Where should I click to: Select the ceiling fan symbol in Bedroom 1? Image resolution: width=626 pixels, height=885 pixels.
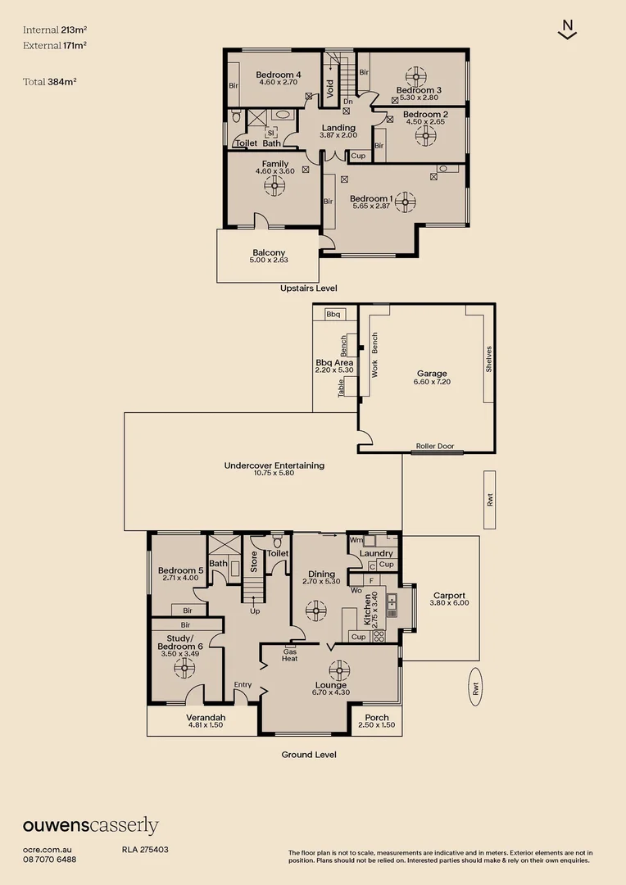pos(404,200)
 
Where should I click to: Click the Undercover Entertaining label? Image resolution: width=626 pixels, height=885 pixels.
pos(274,465)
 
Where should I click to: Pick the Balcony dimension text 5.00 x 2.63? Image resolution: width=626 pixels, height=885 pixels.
pos(269,260)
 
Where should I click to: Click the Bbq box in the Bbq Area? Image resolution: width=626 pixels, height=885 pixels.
pos(333,314)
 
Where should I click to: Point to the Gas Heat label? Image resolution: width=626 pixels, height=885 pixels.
pos(290,654)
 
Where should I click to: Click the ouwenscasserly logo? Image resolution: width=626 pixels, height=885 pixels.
pos(90,825)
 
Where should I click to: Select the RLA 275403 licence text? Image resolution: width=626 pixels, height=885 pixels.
pos(145,850)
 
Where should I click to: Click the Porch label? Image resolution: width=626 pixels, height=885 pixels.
pos(377,718)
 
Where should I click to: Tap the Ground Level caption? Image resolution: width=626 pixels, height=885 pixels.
pos(309,755)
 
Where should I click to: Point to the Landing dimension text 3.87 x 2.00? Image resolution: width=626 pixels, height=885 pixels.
pos(338,137)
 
